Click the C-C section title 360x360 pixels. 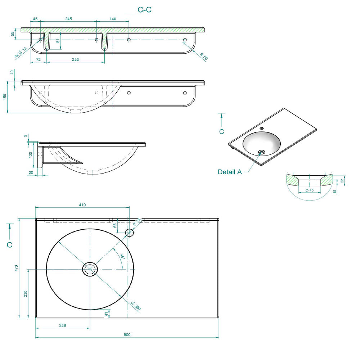[144, 10]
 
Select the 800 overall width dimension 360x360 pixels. [127, 334]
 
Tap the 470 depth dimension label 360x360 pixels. [16, 268]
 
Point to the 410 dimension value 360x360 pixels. [82, 205]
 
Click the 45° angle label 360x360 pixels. [122, 257]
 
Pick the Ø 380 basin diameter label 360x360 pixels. [135, 306]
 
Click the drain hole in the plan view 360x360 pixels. [90, 269]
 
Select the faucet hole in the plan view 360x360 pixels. [130, 233]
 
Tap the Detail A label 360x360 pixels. [230, 172]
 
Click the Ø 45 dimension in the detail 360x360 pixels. [310, 190]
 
